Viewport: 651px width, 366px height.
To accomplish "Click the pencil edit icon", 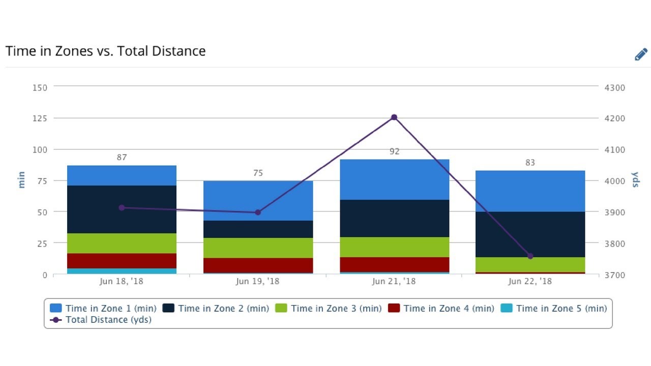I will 641,54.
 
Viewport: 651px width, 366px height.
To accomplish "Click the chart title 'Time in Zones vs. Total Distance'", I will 105,51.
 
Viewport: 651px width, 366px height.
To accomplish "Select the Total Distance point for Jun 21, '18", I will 394,117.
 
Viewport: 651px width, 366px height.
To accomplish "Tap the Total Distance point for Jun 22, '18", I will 530,256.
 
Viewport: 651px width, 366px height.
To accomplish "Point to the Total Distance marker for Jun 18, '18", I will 122,207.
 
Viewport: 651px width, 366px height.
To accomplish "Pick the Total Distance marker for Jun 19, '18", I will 258,212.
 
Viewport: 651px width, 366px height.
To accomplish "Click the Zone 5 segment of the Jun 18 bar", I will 122,271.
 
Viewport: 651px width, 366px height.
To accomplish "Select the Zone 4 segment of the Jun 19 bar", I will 258,265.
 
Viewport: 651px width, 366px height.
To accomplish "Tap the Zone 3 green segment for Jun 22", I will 530,264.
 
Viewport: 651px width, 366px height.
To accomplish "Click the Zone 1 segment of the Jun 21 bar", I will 394,179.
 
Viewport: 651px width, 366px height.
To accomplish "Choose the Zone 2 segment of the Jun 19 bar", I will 258,229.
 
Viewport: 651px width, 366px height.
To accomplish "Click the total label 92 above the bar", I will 394,151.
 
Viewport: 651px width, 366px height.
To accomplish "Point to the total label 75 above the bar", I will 258,173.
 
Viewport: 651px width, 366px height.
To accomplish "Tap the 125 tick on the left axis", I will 40,118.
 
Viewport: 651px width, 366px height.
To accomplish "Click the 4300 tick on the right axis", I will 614,87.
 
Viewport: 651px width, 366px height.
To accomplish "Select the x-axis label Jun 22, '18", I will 530,281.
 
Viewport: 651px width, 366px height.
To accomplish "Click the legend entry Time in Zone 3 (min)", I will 329,308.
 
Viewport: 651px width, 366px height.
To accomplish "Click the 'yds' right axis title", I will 635,179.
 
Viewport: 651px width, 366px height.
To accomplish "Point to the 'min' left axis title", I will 21,180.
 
